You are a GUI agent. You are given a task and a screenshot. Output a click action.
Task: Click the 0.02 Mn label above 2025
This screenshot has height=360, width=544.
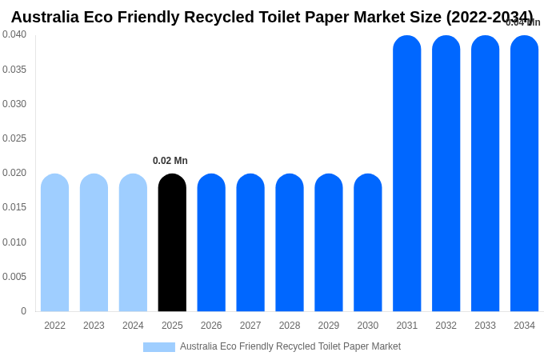point(170,161)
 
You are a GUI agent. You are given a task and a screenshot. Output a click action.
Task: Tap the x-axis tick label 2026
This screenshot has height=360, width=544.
point(211,326)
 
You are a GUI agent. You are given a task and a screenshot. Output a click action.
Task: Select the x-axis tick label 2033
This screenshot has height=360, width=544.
point(485,326)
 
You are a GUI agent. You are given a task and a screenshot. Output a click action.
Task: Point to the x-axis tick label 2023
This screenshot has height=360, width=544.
point(94,326)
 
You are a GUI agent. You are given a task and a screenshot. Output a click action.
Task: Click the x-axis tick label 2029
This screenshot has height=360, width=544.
point(329,326)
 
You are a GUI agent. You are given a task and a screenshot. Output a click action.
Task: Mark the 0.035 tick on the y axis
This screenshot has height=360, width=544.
point(14,70)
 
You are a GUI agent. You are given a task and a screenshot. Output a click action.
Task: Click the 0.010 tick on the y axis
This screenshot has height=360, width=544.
point(14,242)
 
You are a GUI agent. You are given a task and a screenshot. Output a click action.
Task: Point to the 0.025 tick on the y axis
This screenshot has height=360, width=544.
point(14,138)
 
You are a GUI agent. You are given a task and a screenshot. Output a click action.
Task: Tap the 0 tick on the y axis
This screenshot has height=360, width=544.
point(23,311)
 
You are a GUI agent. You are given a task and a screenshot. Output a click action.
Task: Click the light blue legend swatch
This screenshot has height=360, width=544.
point(159,347)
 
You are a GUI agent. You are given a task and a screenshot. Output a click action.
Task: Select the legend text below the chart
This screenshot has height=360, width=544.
point(290,346)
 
